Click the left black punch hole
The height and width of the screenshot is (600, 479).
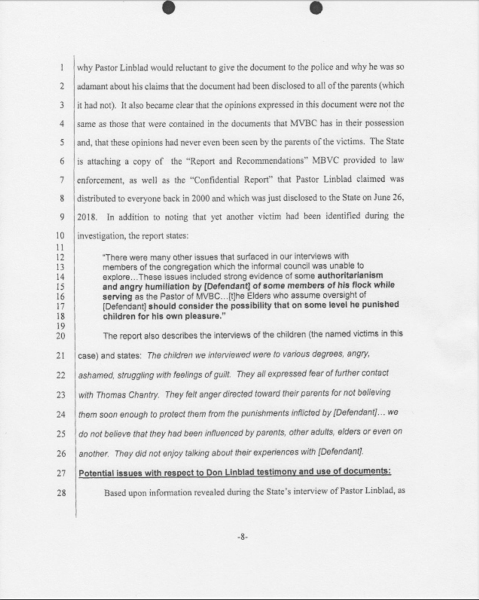tap(169, 8)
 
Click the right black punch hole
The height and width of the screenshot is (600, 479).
tap(316, 8)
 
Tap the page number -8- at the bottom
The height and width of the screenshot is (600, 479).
tap(242, 536)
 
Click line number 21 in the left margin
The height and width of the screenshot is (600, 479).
tap(61, 356)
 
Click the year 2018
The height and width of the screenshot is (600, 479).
tap(88, 216)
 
